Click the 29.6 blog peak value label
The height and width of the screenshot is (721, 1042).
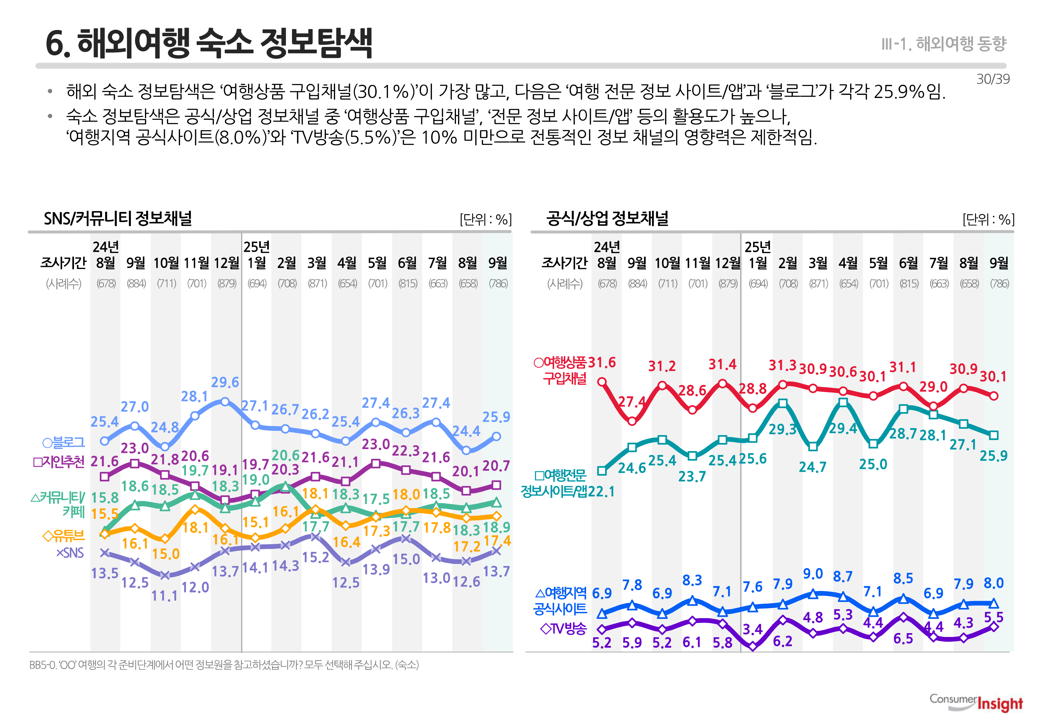225,383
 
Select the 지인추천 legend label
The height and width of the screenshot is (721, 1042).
59,462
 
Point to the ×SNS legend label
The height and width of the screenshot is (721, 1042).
70,553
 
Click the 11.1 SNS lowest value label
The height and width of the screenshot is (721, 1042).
165,596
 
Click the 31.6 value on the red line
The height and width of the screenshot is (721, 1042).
602,363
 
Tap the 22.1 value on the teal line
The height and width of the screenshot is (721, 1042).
602,491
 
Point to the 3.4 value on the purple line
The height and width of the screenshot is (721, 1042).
752,629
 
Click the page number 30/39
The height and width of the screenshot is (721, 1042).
993,80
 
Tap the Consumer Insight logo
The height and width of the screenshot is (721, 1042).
976,703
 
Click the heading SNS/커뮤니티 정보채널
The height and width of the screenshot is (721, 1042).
118,219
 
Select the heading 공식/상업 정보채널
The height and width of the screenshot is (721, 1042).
607,219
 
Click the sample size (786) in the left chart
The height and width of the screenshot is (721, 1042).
498,284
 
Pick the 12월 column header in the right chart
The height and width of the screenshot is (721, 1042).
728,263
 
